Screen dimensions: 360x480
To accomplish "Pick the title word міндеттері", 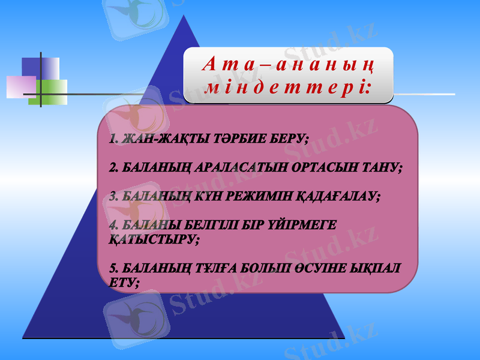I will pyautogui.click(x=287, y=88).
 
